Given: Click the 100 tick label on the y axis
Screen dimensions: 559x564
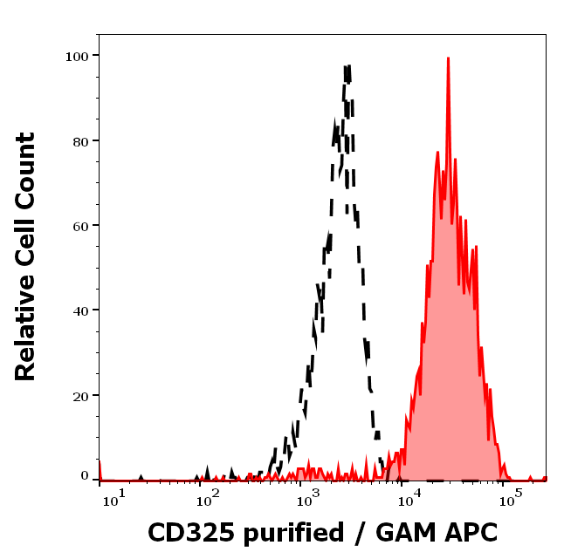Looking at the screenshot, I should point(78,56).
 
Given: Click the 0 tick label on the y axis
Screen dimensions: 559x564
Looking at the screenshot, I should point(85,477).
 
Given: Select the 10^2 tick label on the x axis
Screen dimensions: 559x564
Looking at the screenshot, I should point(207,497).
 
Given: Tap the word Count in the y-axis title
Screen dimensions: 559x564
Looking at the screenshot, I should point(26,170).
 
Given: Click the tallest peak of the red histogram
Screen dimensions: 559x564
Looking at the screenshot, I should point(448,59).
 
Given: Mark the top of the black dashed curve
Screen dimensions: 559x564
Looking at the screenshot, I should point(347,66).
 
